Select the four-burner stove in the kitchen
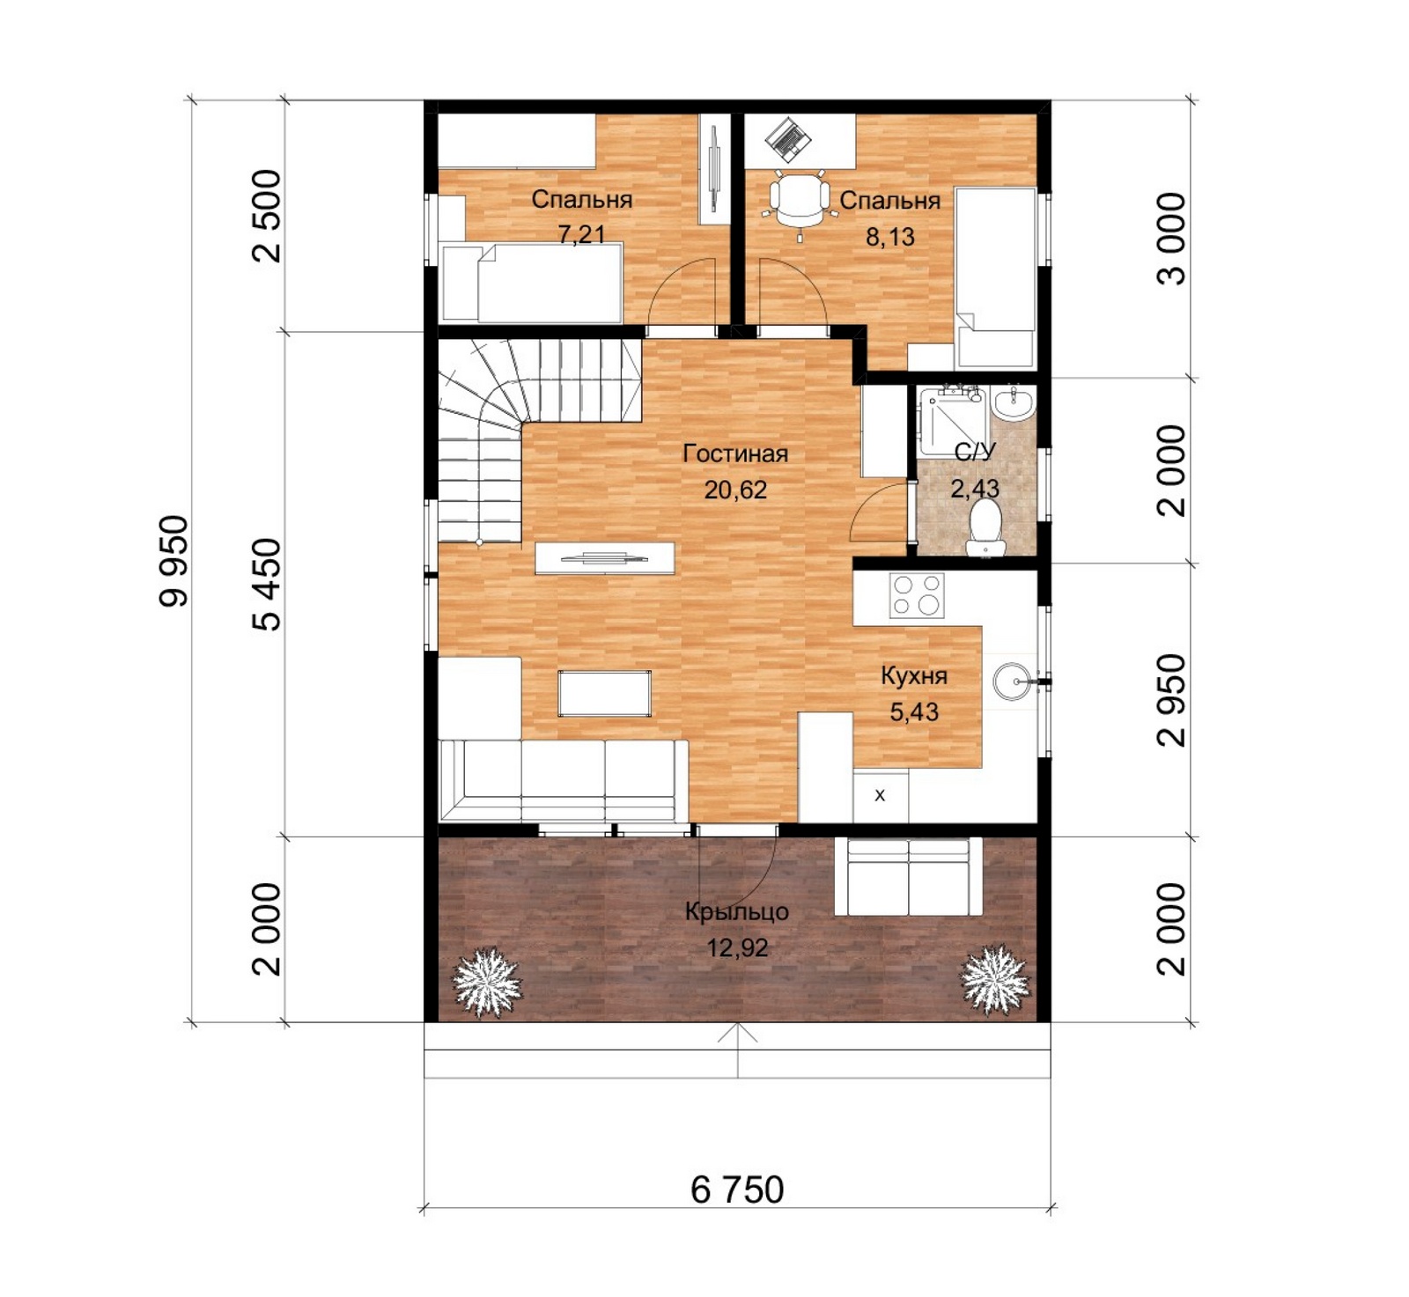coord(916,595)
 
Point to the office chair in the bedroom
coord(800,201)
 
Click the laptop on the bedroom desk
coord(788,138)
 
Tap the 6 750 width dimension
coord(737,1190)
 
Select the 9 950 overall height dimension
coord(173,561)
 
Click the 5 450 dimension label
coord(267,585)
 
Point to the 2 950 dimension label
coord(1172,700)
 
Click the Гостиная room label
coord(735,454)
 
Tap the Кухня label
coord(914,676)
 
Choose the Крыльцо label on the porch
coord(736,912)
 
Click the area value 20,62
coord(735,490)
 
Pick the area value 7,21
coord(581,234)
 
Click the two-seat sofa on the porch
coord(909,876)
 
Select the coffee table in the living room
coord(605,693)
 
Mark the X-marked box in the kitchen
coord(880,796)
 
